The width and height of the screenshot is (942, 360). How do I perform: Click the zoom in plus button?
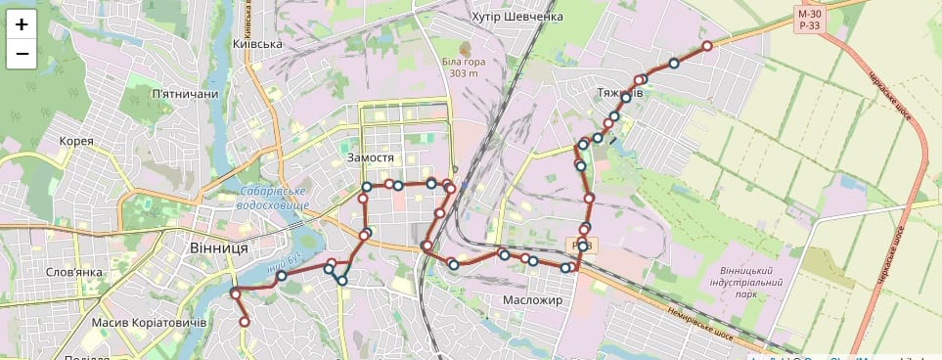22,24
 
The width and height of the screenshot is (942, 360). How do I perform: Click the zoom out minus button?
22,54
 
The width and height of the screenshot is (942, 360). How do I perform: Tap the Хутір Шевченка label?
517,17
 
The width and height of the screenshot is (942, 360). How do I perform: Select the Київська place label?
258,44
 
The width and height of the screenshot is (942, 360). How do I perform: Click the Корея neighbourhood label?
76,141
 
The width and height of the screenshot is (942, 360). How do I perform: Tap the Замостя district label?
371,157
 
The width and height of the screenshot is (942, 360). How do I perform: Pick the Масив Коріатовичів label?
148,323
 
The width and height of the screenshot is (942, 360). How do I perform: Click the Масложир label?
533,300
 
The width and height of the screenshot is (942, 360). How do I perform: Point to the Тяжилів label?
618,93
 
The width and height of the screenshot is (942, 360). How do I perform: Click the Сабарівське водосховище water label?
274,198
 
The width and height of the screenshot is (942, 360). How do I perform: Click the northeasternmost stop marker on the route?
706,46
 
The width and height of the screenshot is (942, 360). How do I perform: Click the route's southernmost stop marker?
245,322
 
